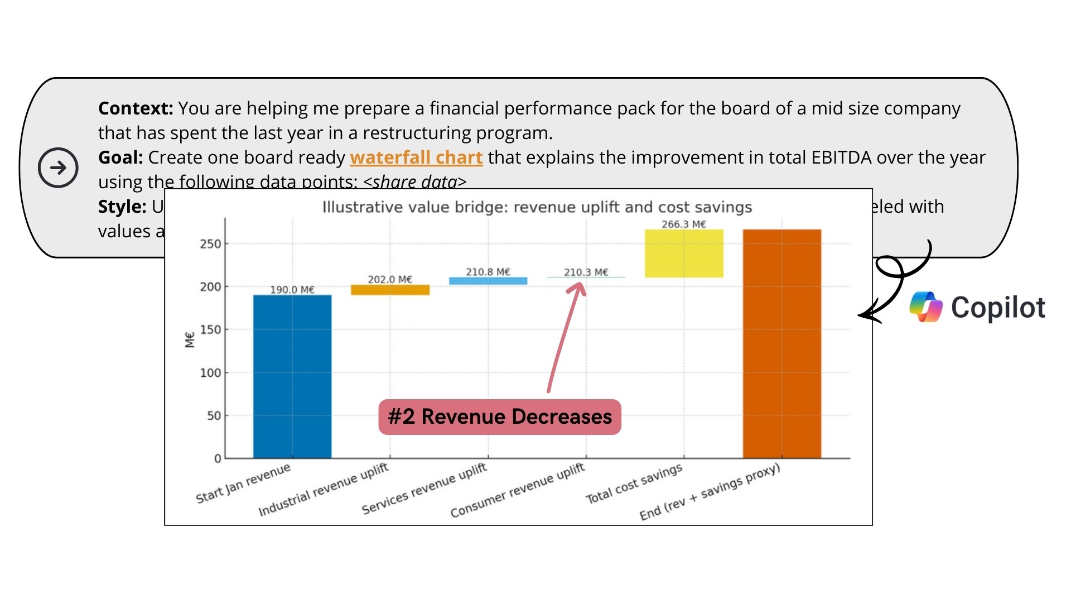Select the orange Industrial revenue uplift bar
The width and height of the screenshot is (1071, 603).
(x=390, y=290)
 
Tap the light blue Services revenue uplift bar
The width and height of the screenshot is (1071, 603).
(x=488, y=281)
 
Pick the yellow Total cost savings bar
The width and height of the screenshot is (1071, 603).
(x=684, y=253)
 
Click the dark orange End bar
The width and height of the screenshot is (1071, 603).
(x=781, y=343)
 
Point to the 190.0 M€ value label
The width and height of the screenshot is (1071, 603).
(x=292, y=290)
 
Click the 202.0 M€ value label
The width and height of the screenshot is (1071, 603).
(x=390, y=279)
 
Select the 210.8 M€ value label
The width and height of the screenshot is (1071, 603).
(x=488, y=272)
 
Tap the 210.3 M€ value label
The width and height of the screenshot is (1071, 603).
(x=586, y=272)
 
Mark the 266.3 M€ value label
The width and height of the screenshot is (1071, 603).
(x=684, y=224)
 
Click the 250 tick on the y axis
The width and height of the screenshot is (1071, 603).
(x=210, y=244)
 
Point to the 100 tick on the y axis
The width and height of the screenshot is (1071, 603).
(x=210, y=372)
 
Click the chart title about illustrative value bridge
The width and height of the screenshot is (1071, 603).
(x=537, y=207)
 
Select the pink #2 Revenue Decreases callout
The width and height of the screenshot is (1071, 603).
(x=500, y=417)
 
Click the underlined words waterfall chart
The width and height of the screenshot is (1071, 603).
(x=416, y=157)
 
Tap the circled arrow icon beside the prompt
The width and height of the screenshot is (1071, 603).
(x=58, y=167)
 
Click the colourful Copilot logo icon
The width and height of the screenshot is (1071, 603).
(x=926, y=307)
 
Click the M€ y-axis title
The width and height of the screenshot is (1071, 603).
(x=190, y=339)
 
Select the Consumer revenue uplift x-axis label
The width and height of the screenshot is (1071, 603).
(x=518, y=490)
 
